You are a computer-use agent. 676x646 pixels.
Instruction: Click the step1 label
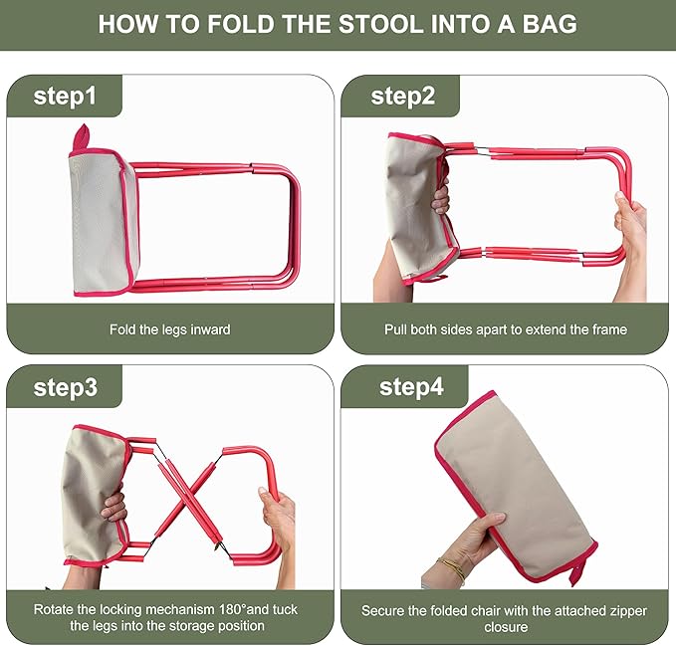pos(65,96)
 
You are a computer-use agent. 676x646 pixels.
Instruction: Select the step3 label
pos(65,387)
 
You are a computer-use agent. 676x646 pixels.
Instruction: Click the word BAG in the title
pos(551,24)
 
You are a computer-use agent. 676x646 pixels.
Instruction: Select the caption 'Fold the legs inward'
pos(170,328)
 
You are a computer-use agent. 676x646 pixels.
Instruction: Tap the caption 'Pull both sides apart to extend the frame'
pos(506,328)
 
